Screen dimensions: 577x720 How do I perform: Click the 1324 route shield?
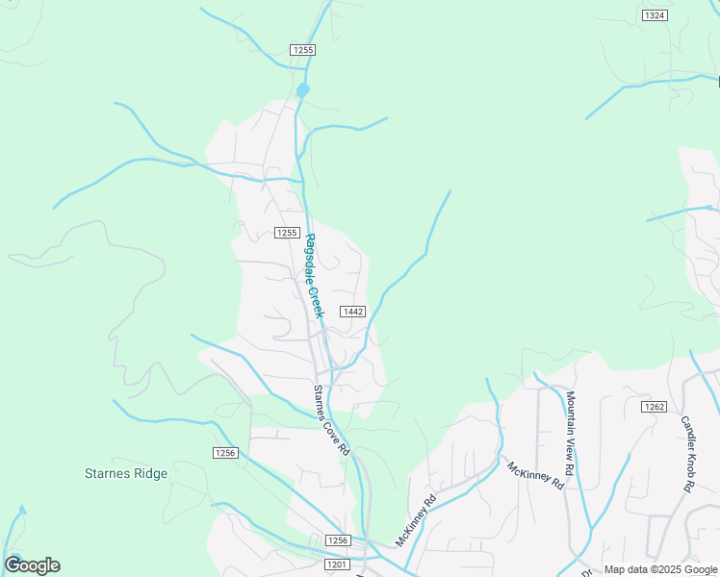(x=655, y=15)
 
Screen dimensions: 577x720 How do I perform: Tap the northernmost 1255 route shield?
(x=302, y=49)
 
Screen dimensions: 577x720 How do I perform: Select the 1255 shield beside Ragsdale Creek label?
(x=287, y=233)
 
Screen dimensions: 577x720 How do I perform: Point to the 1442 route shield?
(x=352, y=311)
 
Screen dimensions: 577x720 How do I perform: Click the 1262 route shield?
(x=654, y=407)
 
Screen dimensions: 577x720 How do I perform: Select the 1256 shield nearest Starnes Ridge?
(x=224, y=452)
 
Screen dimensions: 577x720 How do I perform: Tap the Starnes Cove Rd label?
(x=330, y=419)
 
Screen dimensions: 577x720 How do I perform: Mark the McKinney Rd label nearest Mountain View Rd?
(x=534, y=475)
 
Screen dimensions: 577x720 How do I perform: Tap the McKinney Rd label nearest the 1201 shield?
(x=416, y=518)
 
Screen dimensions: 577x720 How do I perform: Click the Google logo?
(x=32, y=565)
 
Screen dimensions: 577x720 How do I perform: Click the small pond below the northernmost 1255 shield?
(x=303, y=90)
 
